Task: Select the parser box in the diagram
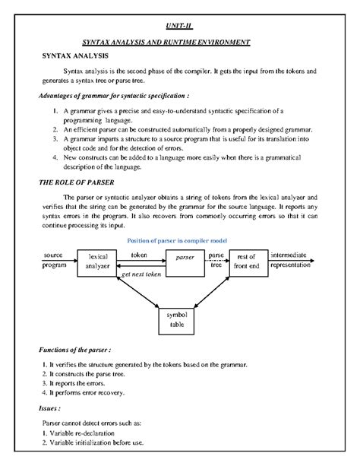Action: click(x=185, y=258)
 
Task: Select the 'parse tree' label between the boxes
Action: click(x=216, y=260)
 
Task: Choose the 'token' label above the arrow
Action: click(x=139, y=255)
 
